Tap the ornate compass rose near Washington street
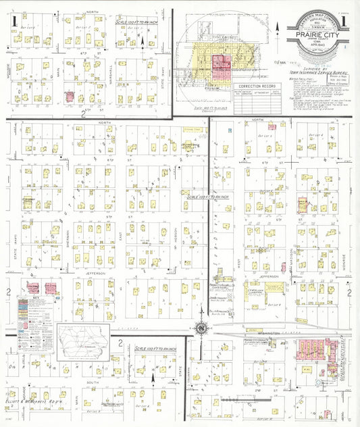tap(201, 328)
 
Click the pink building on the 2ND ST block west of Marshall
tap(70, 97)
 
